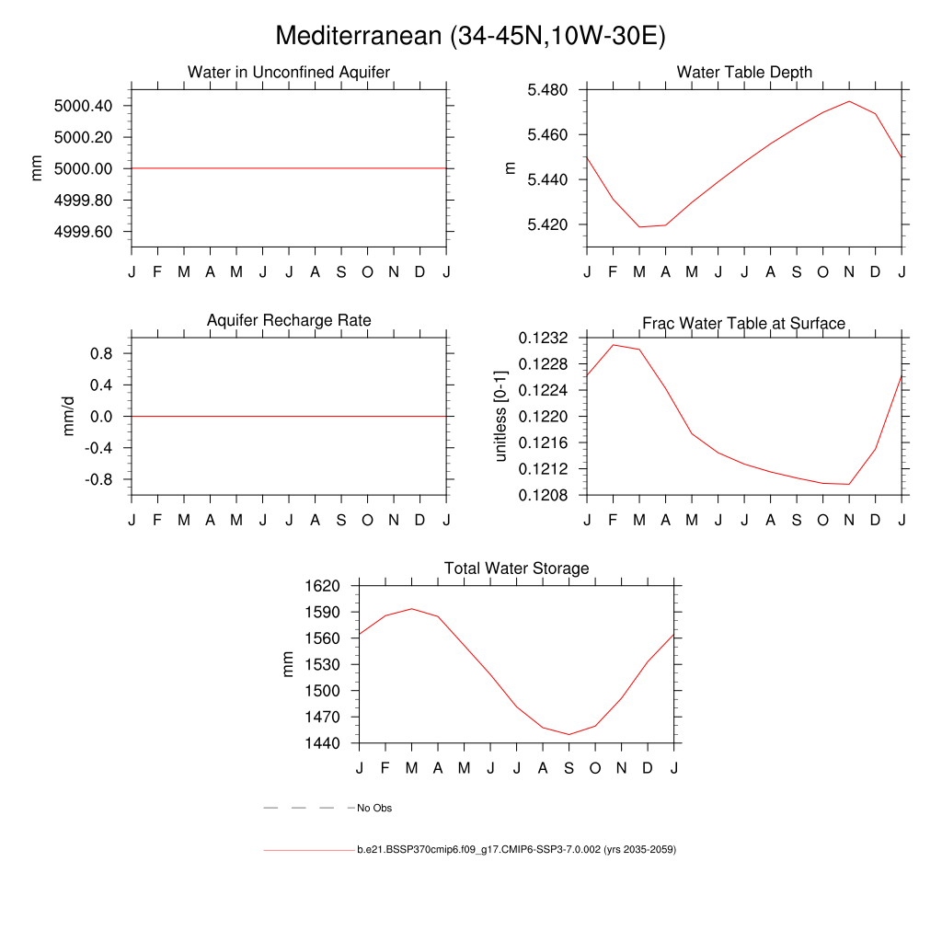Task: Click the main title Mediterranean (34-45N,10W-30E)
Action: click(x=470, y=36)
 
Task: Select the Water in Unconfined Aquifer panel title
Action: click(x=289, y=72)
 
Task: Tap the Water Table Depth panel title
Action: click(x=744, y=72)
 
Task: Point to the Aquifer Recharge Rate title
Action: click(x=289, y=320)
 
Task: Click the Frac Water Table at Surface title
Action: click(x=743, y=323)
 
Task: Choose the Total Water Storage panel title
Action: click(x=516, y=569)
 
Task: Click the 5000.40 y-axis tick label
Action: click(x=84, y=106)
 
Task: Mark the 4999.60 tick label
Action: click(x=84, y=232)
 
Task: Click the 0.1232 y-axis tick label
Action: click(x=543, y=339)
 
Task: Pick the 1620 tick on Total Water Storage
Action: click(x=323, y=586)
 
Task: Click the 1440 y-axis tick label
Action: click(x=323, y=743)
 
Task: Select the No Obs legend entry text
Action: click(x=374, y=809)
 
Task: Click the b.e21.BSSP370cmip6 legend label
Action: click(x=516, y=850)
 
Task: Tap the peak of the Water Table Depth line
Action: click(x=849, y=101)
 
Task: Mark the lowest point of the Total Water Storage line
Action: click(x=569, y=734)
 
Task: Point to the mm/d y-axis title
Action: click(x=68, y=417)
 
